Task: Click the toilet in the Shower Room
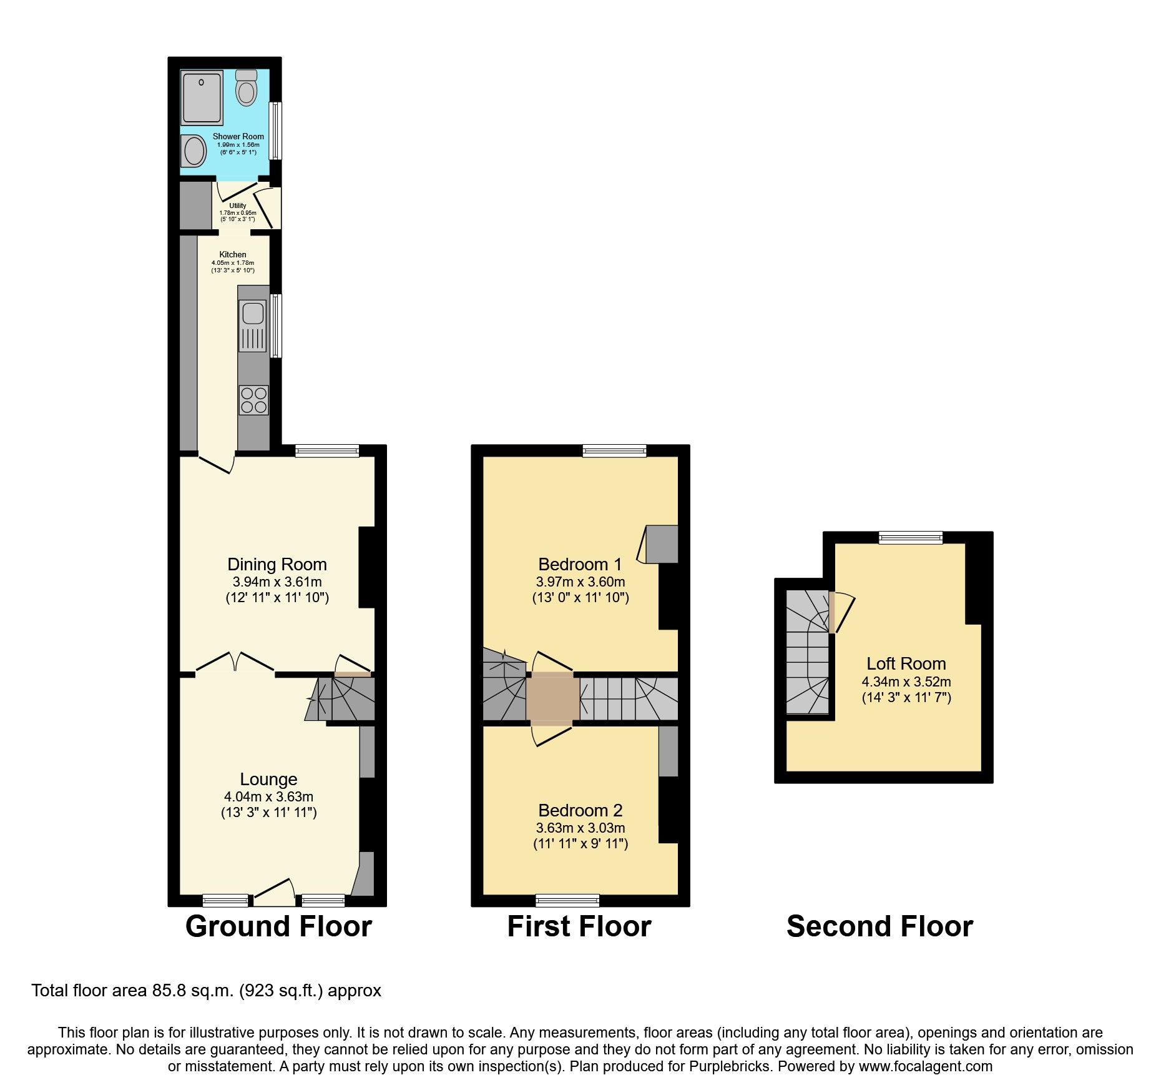[x=247, y=88]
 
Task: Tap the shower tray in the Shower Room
[x=202, y=97]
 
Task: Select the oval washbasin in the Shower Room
[x=193, y=151]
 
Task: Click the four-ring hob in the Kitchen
[x=253, y=400]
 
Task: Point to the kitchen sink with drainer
[x=253, y=325]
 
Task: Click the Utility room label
[x=237, y=206]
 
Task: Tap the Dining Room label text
[x=277, y=565]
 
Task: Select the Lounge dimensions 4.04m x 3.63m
[x=268, y=797]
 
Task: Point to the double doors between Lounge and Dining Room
[x=235, y=663]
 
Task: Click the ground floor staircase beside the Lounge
[x=343, y=699]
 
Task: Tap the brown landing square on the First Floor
[x=552, y=699]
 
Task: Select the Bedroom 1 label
[x=580, y=565]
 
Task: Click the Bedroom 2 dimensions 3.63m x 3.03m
[x=580, y=828]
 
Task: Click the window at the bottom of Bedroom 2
[x=567, y=900]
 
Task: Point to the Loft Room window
[x=910, y=537]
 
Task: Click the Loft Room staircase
[x=807, y=653]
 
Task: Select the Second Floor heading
[x=879, y=926]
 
